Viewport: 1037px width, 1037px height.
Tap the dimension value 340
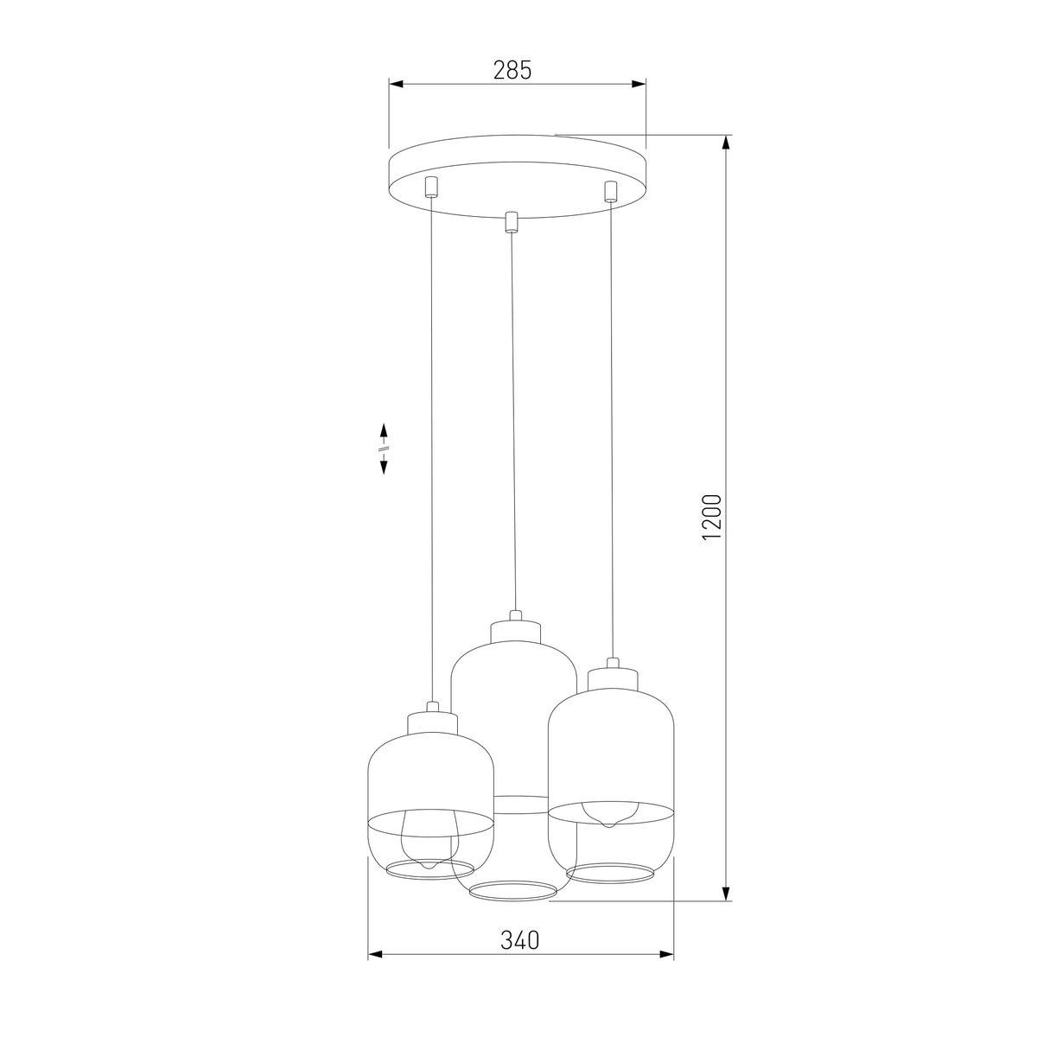pyautogui.click(x=520, y=940)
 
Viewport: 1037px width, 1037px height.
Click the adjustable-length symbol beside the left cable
pyautogui.click(x=383, y=448)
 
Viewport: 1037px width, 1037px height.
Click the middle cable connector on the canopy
pyautogui.click(x=511, y=222)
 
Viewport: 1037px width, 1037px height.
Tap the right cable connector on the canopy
pyautogui.click(x=611, y=191)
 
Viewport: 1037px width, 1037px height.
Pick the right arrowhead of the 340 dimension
pyautogui.click(x=667, y=956)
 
